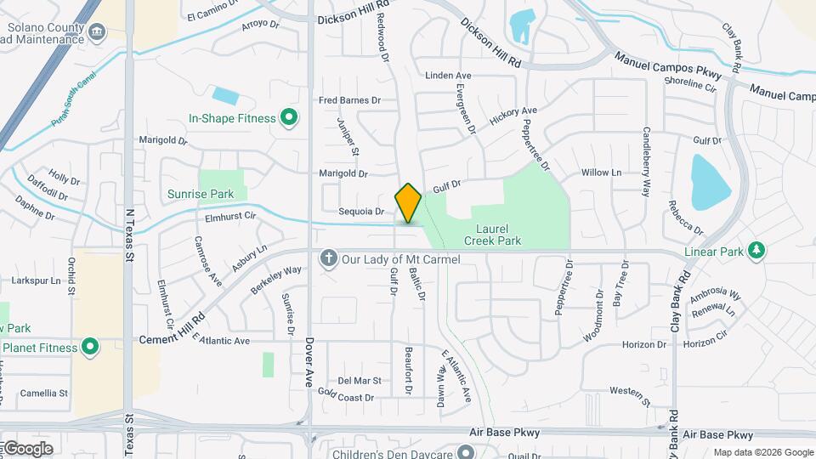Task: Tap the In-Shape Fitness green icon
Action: coord(288,118)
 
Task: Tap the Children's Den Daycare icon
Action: coord(464,451)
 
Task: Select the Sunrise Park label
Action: coord(201,194)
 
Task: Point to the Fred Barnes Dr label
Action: coord(349,100)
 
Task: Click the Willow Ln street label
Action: coord(601,173)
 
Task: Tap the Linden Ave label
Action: coord(448,76)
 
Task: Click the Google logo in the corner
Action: coord(28,448)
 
